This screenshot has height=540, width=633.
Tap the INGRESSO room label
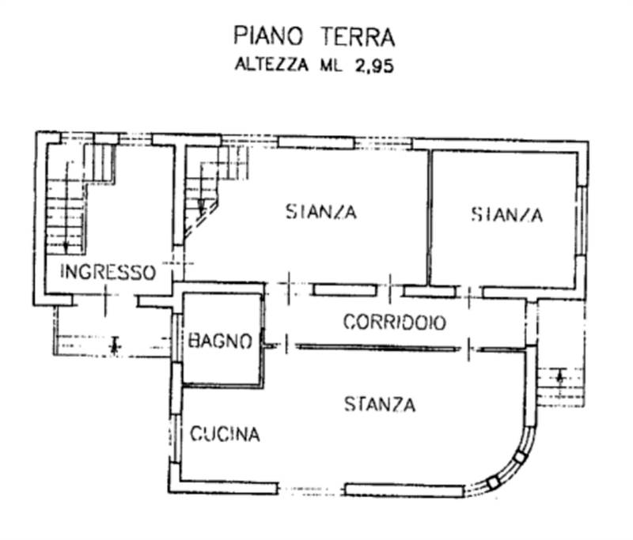coord(108,272)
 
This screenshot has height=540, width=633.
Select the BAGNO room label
coord(220,342)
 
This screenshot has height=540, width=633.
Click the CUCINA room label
coord(225,434)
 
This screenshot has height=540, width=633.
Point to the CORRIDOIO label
coord(394,323)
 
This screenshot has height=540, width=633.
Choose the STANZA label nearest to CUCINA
coord(380,405)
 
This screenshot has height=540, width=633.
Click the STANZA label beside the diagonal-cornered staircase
coord(321,212)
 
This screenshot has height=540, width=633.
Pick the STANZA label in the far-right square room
coord(507,214)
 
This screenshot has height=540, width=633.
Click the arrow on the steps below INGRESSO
coord(116,345)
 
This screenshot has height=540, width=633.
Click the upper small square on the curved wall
coord(519,456)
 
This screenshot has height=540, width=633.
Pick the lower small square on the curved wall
coord(494,481)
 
